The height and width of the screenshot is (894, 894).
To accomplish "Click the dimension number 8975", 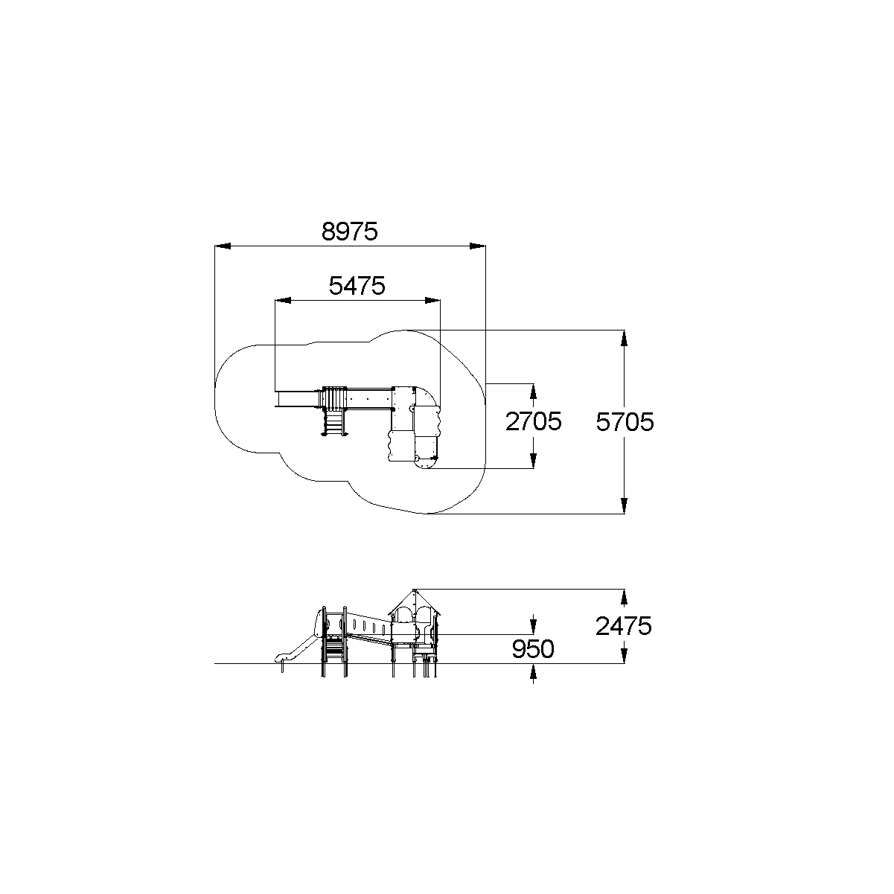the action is point(350,231).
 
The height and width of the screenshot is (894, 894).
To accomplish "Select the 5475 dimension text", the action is point(357,285).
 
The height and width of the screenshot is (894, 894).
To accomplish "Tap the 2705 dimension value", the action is point(533,421).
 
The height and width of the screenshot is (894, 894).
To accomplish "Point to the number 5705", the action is point(625,422).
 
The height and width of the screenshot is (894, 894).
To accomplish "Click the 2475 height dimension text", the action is point(624,626).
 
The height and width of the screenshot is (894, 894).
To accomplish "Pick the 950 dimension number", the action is point(533,648).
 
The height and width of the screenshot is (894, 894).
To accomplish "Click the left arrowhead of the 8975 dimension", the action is point(223,246).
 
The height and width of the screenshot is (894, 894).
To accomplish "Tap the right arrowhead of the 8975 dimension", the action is point(478,246).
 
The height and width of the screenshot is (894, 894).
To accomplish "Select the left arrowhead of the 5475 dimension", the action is point(283,300).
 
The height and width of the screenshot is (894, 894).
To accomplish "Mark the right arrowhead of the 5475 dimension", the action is point(432,300).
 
